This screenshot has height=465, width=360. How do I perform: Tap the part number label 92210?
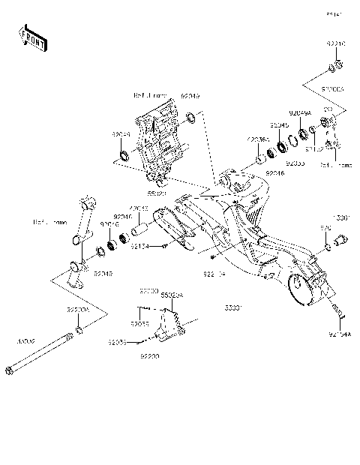(x=335, y=45)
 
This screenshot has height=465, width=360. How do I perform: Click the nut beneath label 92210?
(x=335, y=71)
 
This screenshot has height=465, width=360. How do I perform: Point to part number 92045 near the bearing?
(x=279, y=124)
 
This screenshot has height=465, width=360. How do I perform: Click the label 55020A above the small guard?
(x=172, y=295)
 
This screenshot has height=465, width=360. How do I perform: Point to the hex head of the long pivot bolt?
(x=10, y=369)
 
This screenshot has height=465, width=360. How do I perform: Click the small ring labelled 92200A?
(x=79, y=329)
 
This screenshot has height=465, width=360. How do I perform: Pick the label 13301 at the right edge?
(x=341, y=217)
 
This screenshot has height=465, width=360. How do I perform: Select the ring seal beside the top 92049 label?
(x=192, y=117)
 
